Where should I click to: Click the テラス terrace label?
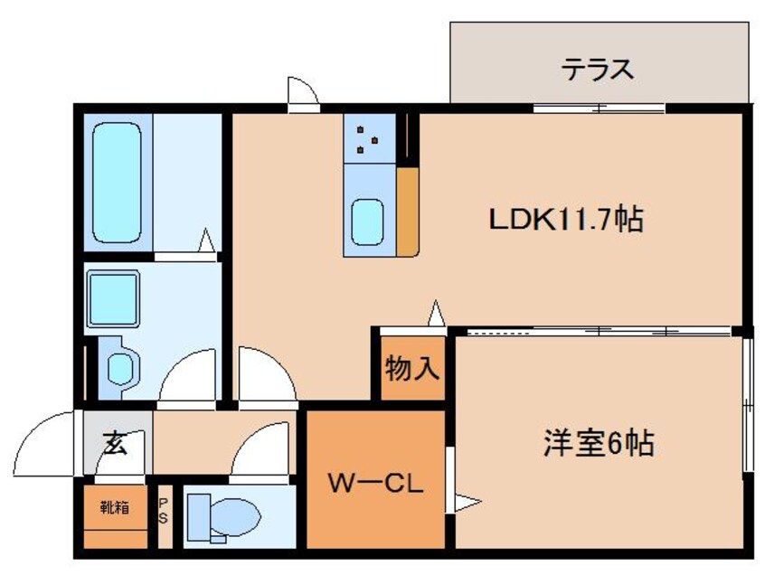click(x=596, y=69)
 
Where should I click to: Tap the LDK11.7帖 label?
click(x=566, y=219)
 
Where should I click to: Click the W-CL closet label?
click(x=375, y=484)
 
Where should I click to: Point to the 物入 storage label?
click(x=412, y=368)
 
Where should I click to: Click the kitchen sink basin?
click(x=367, y=221)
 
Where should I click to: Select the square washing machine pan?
click(x=112, y=294)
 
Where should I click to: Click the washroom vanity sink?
click(x=118, y=366)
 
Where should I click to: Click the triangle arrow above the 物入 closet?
click(x=437, y=313)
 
